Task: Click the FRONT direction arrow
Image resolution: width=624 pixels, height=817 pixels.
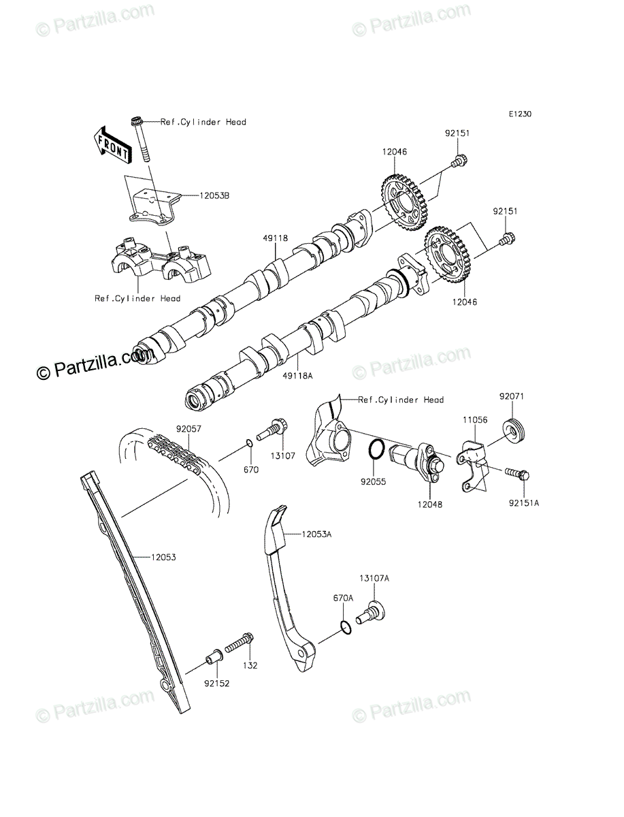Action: (112, 146)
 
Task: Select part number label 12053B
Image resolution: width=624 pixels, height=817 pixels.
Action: (214, 195)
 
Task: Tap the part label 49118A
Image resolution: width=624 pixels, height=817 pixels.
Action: (297, 376)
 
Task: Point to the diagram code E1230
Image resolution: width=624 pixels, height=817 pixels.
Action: (520, 114)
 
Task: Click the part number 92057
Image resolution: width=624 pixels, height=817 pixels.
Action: (188, 429)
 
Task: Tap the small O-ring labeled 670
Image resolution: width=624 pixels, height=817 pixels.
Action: (250, 443)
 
